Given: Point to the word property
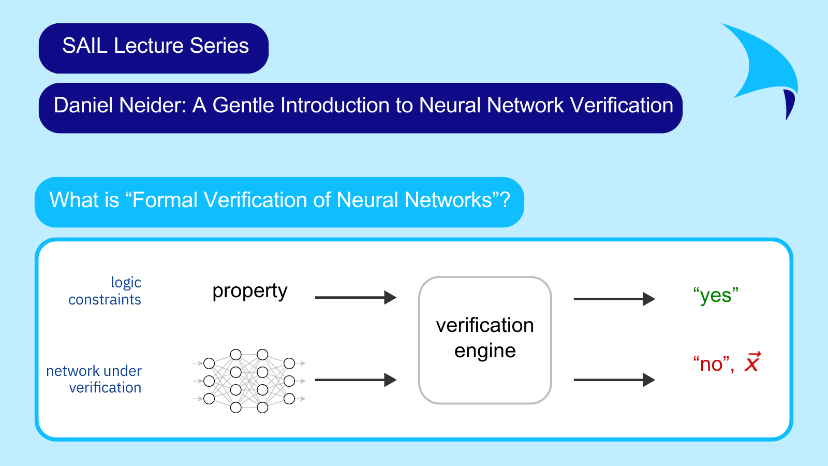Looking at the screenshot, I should [249, 292].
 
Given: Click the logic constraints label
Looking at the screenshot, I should [105, 291].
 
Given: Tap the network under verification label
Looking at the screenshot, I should [94, 379].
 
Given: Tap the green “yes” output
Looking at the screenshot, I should [716, 296].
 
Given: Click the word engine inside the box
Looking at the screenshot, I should [485, 352].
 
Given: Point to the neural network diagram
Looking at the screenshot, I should [249, 381].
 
